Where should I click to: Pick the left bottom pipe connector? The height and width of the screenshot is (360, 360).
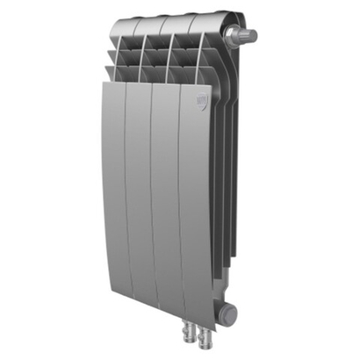click(190, 337)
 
